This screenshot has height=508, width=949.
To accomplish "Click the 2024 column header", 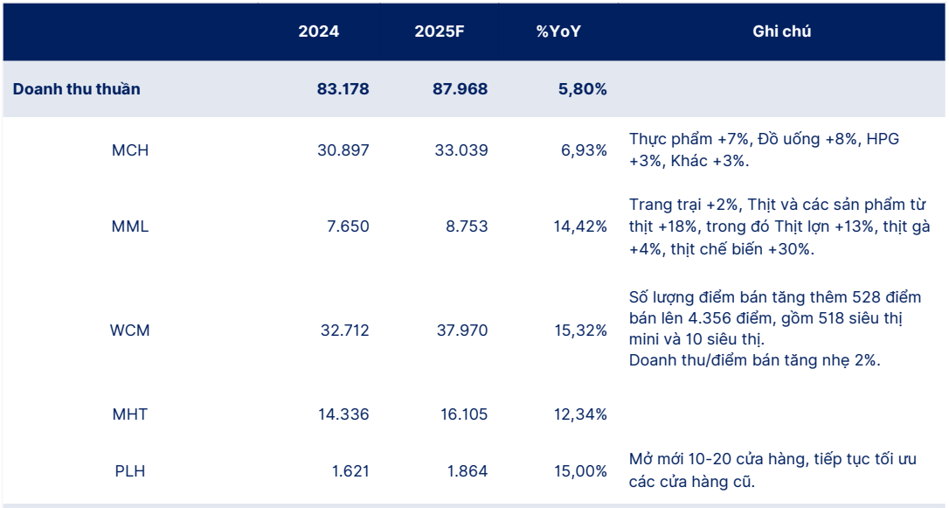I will click(319, 32).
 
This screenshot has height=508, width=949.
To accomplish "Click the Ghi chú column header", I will click(781, 32).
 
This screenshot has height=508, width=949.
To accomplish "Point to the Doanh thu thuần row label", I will click(76, 89).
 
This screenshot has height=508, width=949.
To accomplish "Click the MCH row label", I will click(130, 150).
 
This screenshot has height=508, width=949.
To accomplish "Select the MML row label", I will click(130, 227).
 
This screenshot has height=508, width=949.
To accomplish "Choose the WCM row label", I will click(130, 331).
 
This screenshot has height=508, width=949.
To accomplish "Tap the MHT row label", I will click(130, 414).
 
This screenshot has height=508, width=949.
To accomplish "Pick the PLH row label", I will click(130, 471).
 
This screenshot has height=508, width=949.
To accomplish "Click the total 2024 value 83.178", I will click(343, 89).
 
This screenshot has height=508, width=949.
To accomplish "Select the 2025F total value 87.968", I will click(461, 89).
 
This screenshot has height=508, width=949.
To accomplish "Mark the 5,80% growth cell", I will click(580, 89).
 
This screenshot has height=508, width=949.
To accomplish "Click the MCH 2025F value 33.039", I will click(461, 150).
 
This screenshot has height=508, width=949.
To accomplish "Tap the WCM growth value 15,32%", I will click(580, 331).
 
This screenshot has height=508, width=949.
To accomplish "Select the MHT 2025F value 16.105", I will click(461, 414).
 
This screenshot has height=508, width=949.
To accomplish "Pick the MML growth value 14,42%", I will click(580, 227).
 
